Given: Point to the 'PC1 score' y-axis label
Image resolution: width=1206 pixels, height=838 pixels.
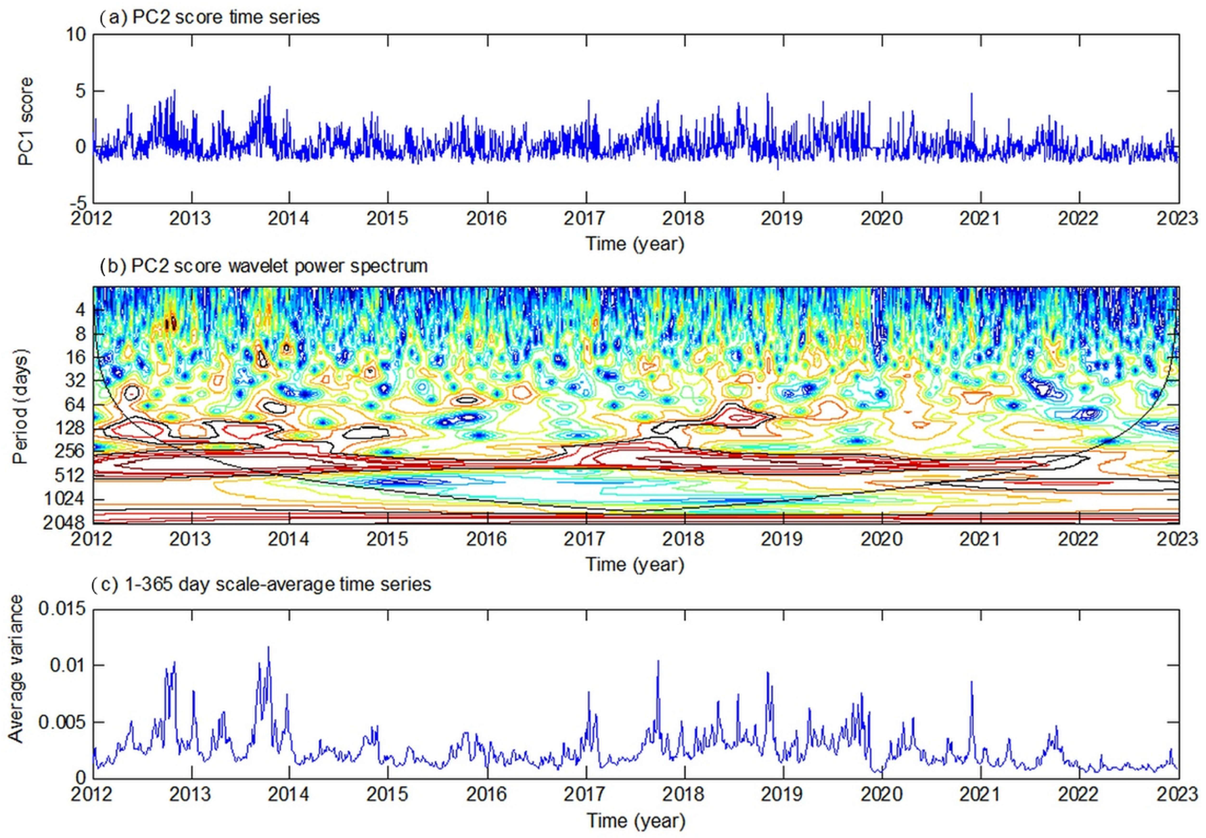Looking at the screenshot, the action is [x=25, y=121].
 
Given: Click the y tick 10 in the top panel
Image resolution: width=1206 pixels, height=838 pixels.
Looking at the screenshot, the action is [x=76, y=35].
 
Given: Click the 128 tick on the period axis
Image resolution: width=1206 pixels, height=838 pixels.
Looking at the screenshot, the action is [x=71, y=428].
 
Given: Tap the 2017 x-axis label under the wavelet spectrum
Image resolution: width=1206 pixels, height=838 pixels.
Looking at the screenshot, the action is [x=585, y=539].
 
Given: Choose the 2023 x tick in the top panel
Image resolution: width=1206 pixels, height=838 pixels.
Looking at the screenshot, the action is [x=1177, y=218].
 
